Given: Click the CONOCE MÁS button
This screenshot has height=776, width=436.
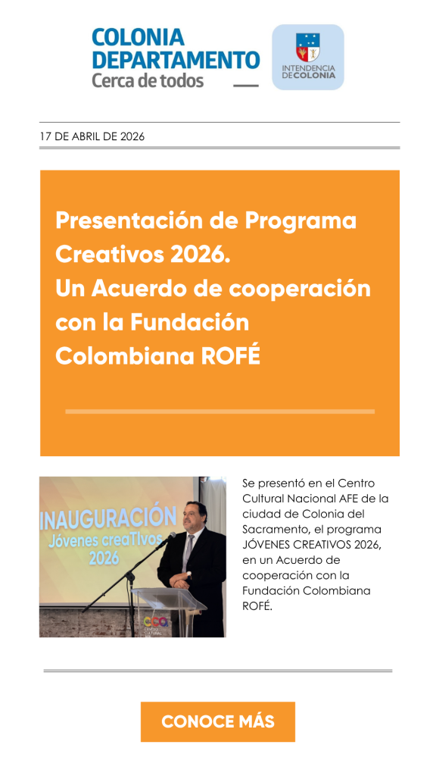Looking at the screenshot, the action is coord(217,721).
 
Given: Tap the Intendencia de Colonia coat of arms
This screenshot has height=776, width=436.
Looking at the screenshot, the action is coord(307,48).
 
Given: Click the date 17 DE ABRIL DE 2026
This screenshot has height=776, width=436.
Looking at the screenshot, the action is coord(92,136).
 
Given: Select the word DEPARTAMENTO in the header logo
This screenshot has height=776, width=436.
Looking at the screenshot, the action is coord(176,59).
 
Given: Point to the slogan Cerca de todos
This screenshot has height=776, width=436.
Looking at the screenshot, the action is coord(148,80).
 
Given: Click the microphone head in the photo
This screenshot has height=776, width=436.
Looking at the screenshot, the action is coord(171,535).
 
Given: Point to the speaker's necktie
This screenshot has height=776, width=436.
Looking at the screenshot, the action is coord(188,552).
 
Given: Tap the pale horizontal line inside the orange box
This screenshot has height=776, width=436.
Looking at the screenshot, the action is coord(220,411).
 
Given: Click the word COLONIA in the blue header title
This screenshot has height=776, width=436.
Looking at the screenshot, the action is coord(138,38).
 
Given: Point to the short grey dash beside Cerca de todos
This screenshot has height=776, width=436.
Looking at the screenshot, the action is coord(246,85).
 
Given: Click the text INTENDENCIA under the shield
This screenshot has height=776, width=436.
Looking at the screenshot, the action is coord(308,67).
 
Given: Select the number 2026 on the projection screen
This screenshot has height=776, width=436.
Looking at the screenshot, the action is coord(104,558).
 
